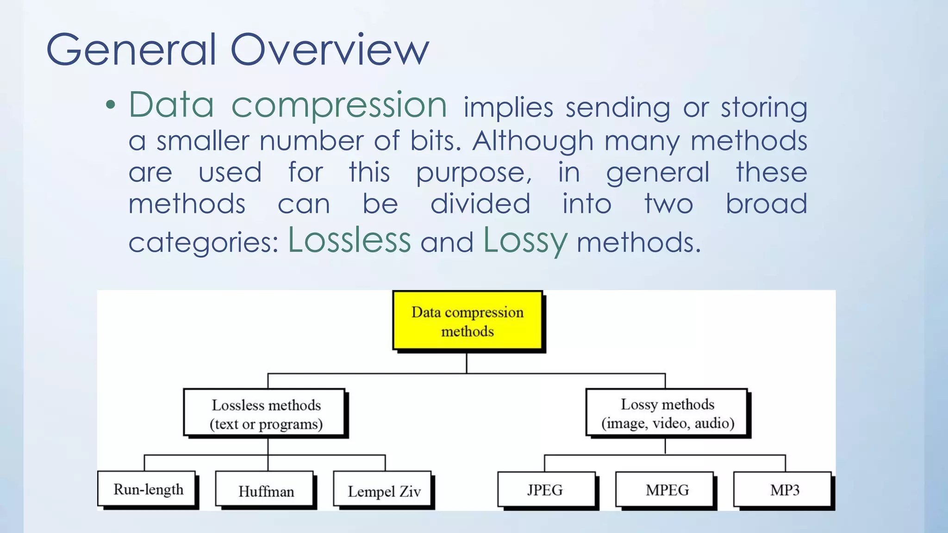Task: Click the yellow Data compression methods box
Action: click(x=467, y=321)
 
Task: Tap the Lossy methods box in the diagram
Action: click(x=667, y=413)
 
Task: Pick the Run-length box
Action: click(x=147, y=489)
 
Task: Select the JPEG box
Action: click(x=546, y=490)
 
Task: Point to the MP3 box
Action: click(x=783, y=490)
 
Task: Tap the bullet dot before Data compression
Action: click(x=110, y=105)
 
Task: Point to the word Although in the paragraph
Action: click(x=532, y=141)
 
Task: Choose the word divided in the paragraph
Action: click(x=480, y=204)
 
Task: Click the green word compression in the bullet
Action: click(x=339, y=105)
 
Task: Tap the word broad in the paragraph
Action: click(x=766, y=204)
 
